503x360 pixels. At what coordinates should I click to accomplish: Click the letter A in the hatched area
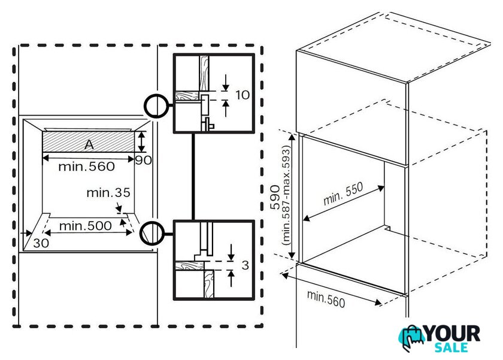(x=89, y=144)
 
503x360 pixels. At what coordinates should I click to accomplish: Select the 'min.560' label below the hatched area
(x=86, y=167)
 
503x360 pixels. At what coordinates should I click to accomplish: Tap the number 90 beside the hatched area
(x=143, y=160)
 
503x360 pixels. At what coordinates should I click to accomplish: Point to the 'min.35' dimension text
(x=108, y=192)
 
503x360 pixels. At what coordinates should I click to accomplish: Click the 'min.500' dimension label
(x=85, y=226)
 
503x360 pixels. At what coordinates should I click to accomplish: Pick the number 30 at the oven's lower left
(x=41, y=243)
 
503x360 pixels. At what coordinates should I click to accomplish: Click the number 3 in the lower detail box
(x=245, y=265)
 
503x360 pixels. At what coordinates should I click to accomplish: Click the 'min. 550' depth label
(x=343, y=193)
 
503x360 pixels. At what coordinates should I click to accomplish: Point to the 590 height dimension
(x=275, y=197)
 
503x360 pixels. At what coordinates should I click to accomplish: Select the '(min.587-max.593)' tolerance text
(x=286, y=195)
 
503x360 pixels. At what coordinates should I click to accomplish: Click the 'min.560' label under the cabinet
(x=326, y=299)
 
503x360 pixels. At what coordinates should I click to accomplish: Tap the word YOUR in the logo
(x=452, y=334)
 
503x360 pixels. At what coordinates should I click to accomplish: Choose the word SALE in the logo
(x=451, y=347)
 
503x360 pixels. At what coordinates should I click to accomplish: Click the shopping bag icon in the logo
(x=411, y=338)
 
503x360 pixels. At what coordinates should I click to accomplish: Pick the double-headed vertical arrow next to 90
(x=141, y=141)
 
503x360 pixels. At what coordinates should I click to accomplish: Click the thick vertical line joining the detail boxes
(x=193, y=177)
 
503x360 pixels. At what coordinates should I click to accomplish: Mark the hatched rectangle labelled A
(x=89, y=142)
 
